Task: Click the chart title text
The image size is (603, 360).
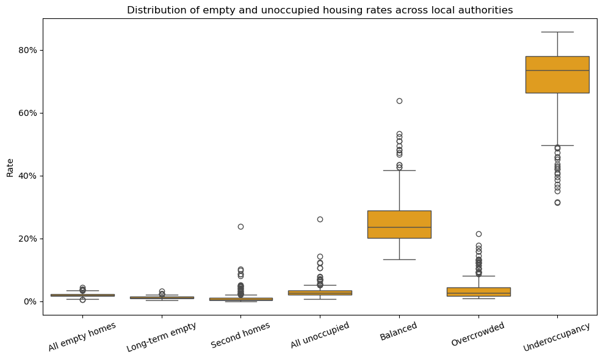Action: coord(320,10)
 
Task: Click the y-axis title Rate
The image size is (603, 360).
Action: coord(10,168)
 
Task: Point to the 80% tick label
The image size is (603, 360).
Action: coord(27,51)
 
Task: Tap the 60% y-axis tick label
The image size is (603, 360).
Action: coord(27,113)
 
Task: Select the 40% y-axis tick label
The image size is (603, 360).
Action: coord(27,176)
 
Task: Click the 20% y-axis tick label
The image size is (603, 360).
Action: coord(27,239)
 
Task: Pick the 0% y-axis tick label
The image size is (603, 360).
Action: coord(31,301)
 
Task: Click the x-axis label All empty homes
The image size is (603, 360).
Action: coord(82,337)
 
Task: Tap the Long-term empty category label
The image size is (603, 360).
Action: coord(162,337)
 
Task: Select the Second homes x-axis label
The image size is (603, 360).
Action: coord(240,335)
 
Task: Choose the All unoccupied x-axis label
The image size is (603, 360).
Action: coord(320,335)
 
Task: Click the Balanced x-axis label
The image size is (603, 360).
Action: coord(399,331)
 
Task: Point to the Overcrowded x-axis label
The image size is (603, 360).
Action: coord(478,334)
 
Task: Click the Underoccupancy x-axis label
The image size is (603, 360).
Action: coord(557,337)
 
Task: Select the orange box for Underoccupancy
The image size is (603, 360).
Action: coord(557,74)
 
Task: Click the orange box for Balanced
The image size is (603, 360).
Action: coord(399,225)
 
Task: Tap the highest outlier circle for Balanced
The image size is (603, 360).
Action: coord(399,101)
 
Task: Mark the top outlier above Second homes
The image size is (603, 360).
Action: coord(240,226)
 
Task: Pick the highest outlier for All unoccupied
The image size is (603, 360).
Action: coord(320,219)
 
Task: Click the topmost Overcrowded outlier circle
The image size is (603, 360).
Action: coord(478,234)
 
